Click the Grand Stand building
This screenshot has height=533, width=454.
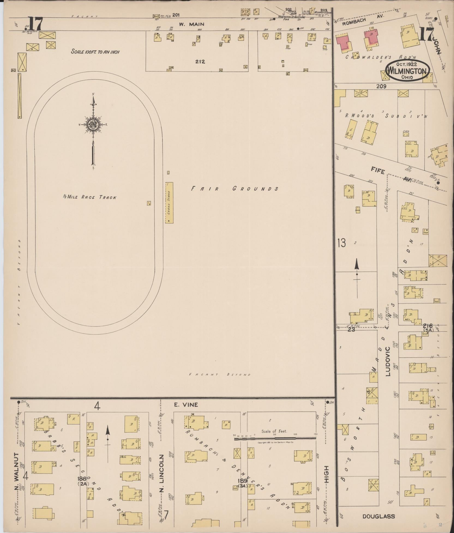[169, 203]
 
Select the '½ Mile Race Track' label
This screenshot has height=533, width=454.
[90, 197]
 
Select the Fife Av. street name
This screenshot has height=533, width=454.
[390, 175]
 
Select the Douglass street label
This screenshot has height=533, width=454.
[379, 516]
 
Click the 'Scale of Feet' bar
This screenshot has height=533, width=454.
[275, 438]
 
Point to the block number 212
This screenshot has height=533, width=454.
[200, 62]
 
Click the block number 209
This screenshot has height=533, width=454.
[381, 87]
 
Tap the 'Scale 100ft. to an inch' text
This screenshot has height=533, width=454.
[95, 52]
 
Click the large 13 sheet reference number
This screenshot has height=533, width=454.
[341, 243]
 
